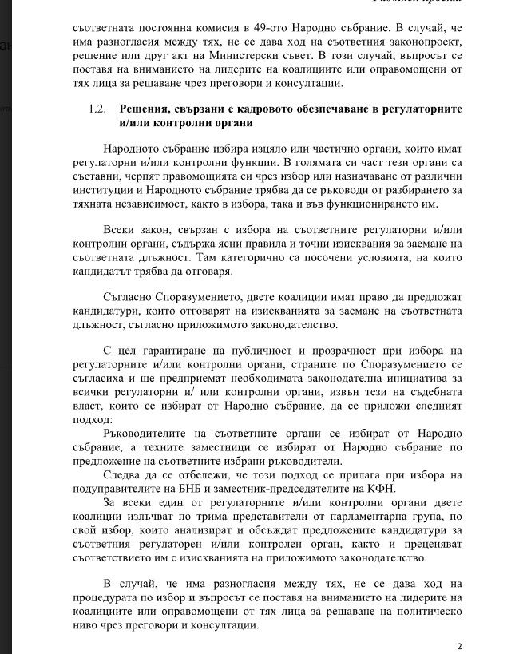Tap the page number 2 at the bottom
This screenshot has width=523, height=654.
[458, 645]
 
